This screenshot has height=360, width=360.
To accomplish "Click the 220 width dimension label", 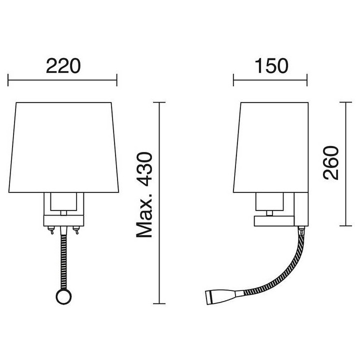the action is pos(63,66).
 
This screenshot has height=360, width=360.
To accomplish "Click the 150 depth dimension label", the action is pos(271,66).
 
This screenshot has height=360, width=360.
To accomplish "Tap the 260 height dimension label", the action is pos(331,162).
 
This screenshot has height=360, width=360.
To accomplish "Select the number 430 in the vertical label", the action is pos(144,169).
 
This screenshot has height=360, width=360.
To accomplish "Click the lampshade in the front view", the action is pos(63,147).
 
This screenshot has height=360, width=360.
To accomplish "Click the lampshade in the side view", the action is pos(271,147).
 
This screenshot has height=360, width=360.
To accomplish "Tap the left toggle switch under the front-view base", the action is pos(51,230).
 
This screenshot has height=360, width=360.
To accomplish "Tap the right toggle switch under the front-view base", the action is pos(76,230).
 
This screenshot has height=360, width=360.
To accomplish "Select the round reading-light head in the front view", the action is pos(63,296).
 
